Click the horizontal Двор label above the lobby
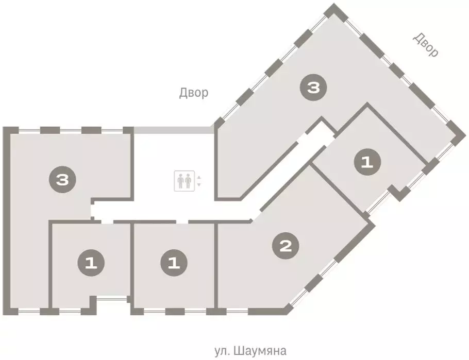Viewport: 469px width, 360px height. coord(194,93)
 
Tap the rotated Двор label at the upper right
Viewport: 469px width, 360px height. coord(426,45)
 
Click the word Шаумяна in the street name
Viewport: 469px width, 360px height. coord(259,351)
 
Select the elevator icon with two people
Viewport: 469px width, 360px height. coord(184,181)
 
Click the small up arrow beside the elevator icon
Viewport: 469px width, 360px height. coord(199,178)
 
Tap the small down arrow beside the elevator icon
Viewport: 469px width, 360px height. coord(199,184)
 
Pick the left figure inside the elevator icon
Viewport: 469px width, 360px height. coord(180,181)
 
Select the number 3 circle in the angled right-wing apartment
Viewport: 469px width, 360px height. coord(313,88)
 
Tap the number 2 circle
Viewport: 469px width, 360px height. coord(285,246)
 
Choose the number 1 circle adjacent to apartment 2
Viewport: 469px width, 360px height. coord(174,264)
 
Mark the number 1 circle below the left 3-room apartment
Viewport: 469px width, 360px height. coord(91,264)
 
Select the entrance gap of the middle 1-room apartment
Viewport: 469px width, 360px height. coord(176,221)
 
